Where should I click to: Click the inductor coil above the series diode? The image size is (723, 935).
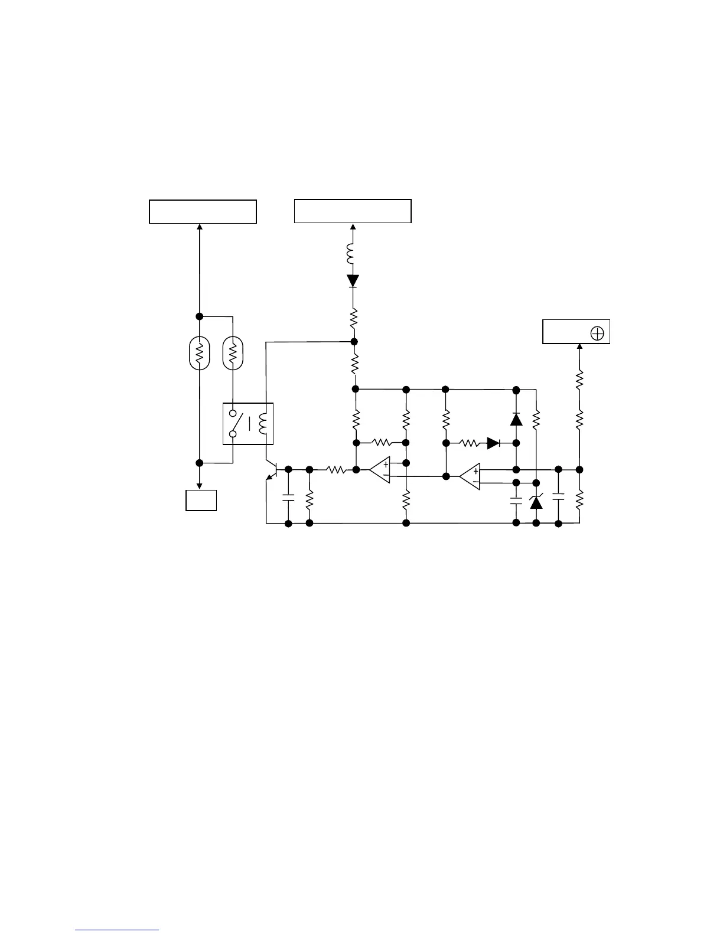click(353, 254)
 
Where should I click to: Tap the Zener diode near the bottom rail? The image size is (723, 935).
click(536, 502)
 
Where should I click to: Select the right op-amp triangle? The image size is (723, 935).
click(471, 476)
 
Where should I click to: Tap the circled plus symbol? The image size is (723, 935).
click(597, 334)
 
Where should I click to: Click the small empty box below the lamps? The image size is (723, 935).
click(201, 500)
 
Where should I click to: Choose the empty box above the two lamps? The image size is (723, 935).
click(203, 211)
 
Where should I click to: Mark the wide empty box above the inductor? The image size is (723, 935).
click(353, 211)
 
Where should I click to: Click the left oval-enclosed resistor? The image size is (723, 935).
click(200, 353)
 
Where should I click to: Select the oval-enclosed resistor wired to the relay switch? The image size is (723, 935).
click(233, 353)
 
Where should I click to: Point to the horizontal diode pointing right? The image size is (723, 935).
click(493, 443)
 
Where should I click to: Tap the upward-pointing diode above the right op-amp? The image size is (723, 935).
click(516, 419)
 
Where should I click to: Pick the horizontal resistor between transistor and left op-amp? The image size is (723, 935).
click(336, 470)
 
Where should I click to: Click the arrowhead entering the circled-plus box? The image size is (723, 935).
click(579, 346)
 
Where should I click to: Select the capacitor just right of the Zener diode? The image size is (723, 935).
click(558, 496)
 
